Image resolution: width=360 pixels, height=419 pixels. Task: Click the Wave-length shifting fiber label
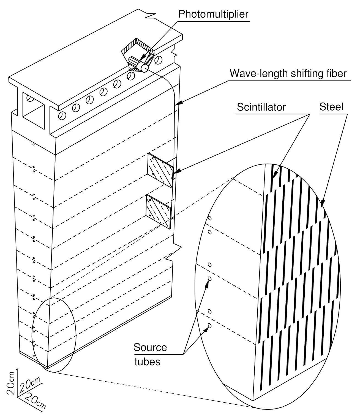pyautogui.click(x=288, y=73)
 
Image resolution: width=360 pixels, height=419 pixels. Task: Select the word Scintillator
pyautogui.click(x=261, y=107)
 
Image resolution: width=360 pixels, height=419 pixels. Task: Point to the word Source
pyautogui.click(x=150, y=348)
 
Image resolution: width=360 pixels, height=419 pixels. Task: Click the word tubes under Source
pyautogui.click(x=147, y=362)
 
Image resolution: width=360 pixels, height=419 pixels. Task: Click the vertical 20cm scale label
pyautogui.click(x=11, y=383)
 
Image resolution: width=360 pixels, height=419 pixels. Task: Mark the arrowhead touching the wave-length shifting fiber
pyautogui.click(x=178, y=104)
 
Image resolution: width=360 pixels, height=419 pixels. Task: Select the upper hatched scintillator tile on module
pyautogui.click(x=160, y=171)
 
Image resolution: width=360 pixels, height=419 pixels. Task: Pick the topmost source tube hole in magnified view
pyautogui.click(x=209, y=219)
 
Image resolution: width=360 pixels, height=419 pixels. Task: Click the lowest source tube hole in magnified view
pyautogui.click(x=209, y=325)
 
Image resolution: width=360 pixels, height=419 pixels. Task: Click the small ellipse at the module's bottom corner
pyautogui.click(x=54, y=335)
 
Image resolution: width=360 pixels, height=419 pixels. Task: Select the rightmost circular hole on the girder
pyautogui.click(x=159, y=60)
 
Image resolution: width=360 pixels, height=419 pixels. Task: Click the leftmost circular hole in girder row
pyautogui.click(x=62, y=116)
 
